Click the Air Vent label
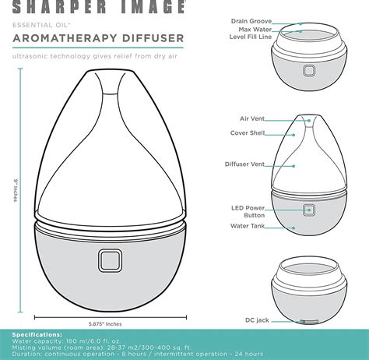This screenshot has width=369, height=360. pyautogui.click(x=252, y=118)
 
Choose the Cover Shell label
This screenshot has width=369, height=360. pyautogui.click(x=248, y=134)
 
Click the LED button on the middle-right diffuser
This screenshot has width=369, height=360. pyautogui.click(x=309, y=210)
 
